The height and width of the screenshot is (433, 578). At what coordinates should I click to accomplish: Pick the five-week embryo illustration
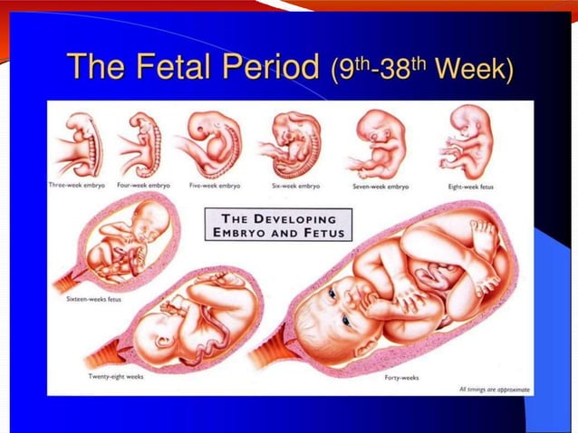click(x=214, y=143)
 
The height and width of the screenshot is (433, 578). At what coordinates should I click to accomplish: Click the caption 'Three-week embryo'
click(x=77, y=185)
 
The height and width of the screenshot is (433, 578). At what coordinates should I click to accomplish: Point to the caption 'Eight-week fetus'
click(x=467, y=186)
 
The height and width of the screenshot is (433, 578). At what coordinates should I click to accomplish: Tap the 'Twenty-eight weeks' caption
click(x=114, y=375)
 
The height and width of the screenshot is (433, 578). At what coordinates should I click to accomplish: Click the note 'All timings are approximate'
click(x=494, y=390)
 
